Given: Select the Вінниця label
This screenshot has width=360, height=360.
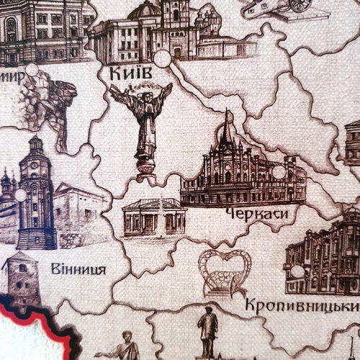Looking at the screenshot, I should [79, 270].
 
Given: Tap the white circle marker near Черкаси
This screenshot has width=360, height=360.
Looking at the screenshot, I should [279, 172].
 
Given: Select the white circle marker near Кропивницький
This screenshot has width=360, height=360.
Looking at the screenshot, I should [298, 271].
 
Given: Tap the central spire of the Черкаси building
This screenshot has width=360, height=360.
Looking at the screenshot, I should [228, 127].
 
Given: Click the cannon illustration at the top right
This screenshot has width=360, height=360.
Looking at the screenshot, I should [274, 9].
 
